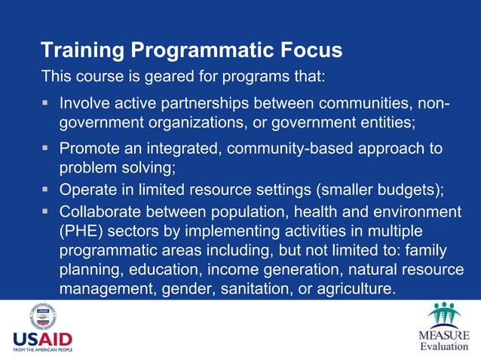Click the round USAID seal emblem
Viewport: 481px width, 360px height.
tap(42, 316)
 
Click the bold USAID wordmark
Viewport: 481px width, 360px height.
tap(43, 340)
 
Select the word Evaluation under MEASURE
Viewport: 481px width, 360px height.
tap(444, 346)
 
